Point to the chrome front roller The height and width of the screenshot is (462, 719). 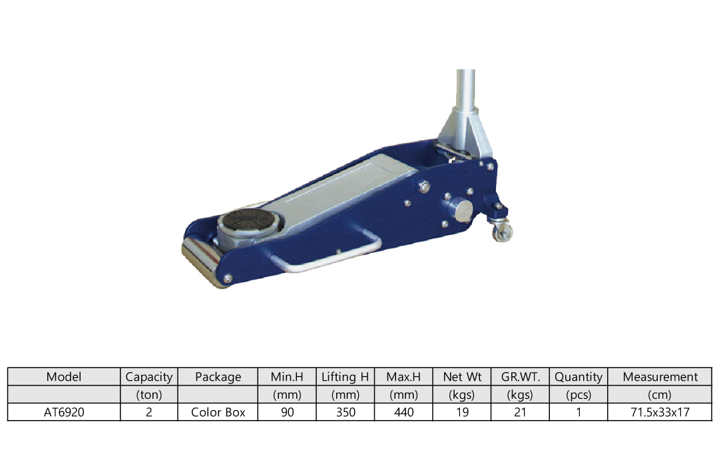coord(201,261)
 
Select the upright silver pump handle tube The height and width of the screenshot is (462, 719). coord(465,89)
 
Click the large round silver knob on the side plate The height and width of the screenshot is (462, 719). coord(460,210)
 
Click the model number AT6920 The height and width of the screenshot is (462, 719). coord(64,412)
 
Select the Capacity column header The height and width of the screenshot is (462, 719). coord(149,377)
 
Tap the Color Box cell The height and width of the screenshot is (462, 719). coord(218,412)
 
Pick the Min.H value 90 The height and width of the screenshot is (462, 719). coord(287,412)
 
